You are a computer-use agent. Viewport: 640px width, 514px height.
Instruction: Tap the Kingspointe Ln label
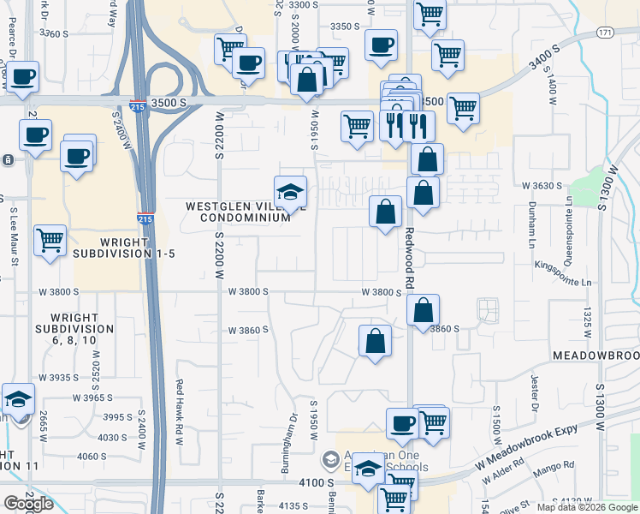(561, 281)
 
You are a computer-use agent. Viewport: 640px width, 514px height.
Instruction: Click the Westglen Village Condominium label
(240, 212)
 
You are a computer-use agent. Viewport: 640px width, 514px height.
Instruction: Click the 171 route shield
(605, 33)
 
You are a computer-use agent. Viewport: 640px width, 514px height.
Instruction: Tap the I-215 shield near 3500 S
(138, 105)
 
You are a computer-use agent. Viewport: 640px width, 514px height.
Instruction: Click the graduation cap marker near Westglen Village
(290, 191)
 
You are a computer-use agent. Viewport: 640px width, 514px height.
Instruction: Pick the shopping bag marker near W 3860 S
(375, 340)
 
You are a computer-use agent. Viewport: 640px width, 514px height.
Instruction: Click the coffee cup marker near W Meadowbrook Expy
(402, 421)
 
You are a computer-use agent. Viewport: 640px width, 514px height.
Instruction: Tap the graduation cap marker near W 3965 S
(18, 398)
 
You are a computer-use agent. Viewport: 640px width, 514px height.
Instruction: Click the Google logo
(28, 504)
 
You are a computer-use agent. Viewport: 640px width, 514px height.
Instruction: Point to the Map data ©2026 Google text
(588, 507)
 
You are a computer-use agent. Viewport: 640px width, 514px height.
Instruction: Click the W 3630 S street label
(542, 185)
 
